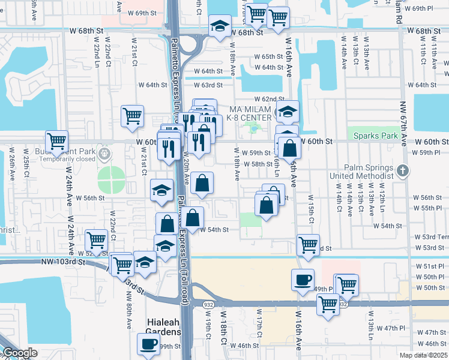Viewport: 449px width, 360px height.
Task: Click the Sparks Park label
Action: (376, 136)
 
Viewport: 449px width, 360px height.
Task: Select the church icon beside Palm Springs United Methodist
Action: (403, 172)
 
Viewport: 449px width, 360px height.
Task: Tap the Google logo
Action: (19, 353)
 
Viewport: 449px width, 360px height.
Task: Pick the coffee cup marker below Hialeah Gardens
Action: (148, 344)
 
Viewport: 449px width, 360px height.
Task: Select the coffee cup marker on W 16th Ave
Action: (303, 279)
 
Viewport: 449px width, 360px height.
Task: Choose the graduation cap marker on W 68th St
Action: (220, 27)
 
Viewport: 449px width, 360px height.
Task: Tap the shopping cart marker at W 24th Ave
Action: (57, 142)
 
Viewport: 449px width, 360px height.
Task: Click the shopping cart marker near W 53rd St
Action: (308, 245)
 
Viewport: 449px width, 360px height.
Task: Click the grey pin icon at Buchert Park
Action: (104, 154)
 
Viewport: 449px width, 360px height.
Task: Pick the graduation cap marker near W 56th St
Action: (161, 190)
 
